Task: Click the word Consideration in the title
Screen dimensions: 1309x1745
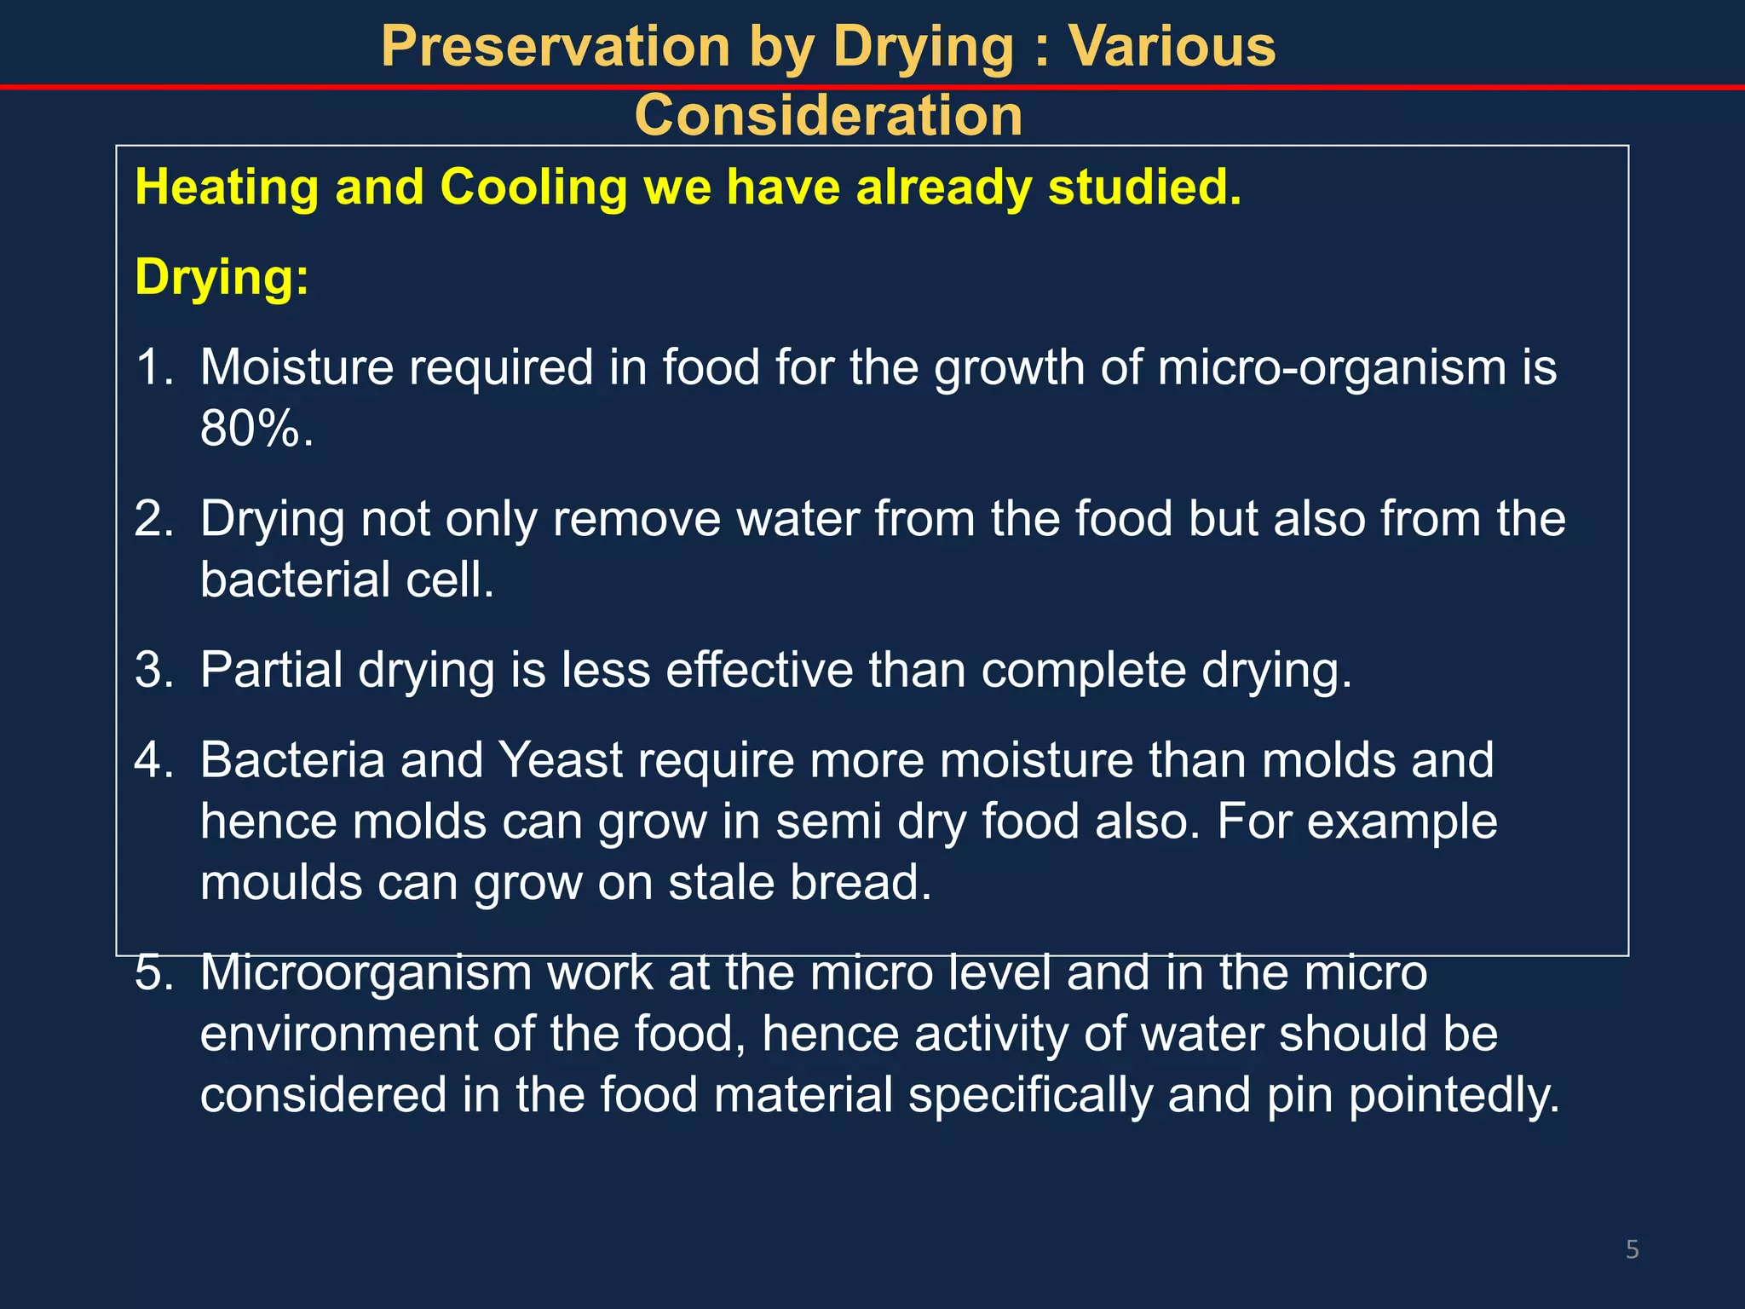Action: point(828,116)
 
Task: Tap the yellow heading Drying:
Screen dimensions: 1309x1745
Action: point(222,277)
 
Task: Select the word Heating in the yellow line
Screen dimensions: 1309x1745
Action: point(227,187)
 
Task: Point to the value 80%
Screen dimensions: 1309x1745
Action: point(256,428)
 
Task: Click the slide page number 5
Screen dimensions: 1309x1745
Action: point(1632,1250)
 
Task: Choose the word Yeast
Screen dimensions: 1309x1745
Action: point(561,760)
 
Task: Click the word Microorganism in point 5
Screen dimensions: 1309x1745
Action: point(366,972)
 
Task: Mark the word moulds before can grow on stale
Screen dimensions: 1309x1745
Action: point(281,882)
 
